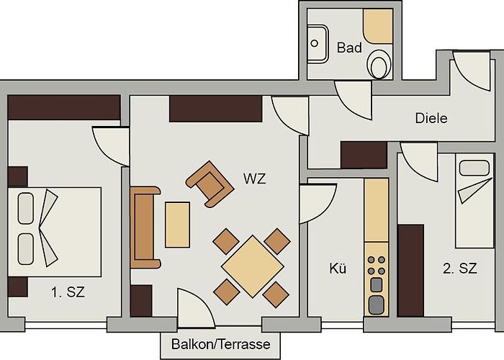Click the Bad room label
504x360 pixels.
(x=349, y=48)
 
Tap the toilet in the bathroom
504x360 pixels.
(x=379, y=64)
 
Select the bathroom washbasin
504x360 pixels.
(x=318, y=44)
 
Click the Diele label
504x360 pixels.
(x=431, y=118)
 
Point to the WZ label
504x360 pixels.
(x=255, y=179)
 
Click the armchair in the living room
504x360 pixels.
(x=210, y=184)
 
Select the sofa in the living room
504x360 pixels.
(x=145, y=228)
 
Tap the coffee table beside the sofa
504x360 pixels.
(x=177, y=225)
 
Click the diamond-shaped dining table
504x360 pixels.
(x=253, y=266)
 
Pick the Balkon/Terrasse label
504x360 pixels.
(x=220, y=344)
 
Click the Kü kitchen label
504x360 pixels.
(x=338, y=268)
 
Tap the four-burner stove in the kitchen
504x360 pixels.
(x=377, y=265)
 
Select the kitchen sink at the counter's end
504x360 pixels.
(x=377, y=305)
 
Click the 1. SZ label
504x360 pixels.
(x=68, y=292)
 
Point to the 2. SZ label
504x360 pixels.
(x=459, y=268)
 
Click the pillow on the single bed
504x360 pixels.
(x=474, y=168)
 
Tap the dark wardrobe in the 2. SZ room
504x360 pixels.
(x=411, y=271)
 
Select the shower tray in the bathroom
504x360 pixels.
(x=378, y=27)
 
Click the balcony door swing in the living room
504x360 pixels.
(x=196, y=308)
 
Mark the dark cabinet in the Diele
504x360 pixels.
(x=364, y=155)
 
